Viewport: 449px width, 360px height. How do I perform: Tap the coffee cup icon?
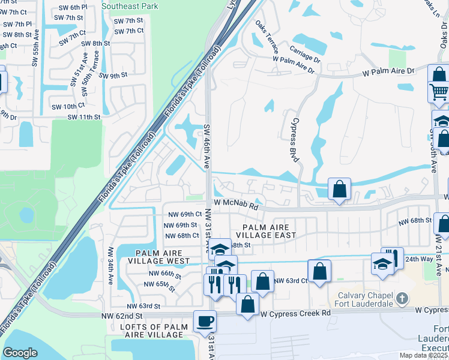point(205,321)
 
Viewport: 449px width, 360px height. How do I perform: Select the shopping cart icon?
point(439,92)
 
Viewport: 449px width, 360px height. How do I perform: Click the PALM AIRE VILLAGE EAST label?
point(266,231)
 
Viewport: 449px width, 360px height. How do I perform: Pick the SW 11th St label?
point(84,117)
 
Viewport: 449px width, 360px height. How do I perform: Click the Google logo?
point(20,352)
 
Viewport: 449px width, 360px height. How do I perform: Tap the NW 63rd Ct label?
point(291,280)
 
